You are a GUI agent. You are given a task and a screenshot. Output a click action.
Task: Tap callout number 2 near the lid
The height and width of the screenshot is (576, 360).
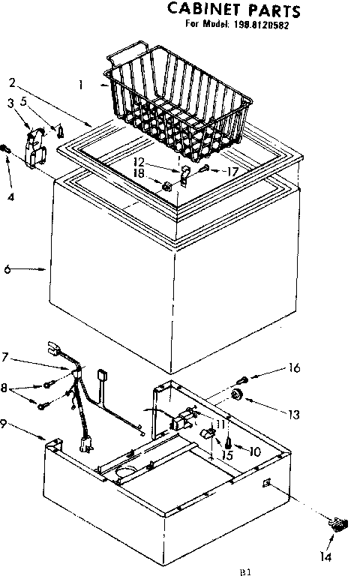(13, 82)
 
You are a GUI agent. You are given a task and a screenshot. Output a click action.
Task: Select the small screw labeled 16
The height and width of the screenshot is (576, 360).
(244, 378)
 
